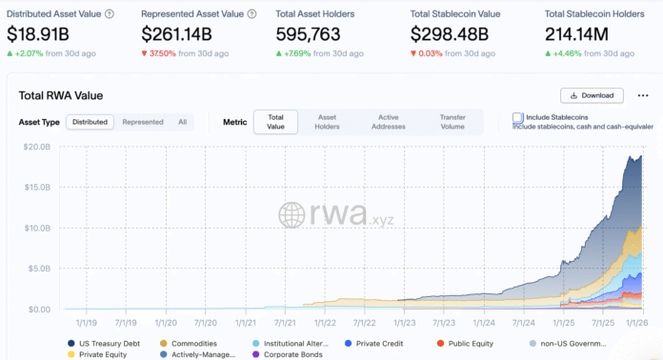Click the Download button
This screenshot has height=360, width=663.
[x=592, y=95]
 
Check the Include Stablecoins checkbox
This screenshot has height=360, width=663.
[x=517, y=117]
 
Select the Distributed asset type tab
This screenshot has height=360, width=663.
[x=90, y=122]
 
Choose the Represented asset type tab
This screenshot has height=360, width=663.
[x=143, y=122]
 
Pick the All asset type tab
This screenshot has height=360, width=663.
[x=182, y=122]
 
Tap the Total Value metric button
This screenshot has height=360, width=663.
[x=275, y=121]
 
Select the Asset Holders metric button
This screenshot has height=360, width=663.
[x=327, y=121]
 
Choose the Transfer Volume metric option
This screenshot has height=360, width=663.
[x=452, y=121]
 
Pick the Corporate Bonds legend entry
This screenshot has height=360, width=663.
[x=291, y=354]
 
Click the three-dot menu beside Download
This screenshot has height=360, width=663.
[x=642, y=95]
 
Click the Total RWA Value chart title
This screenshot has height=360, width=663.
[x=61, y=95]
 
